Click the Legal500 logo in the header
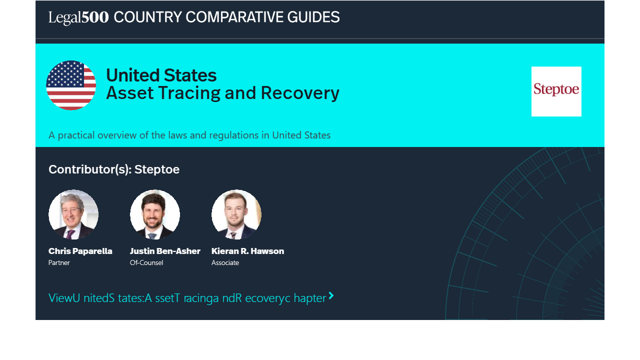click(78, 17)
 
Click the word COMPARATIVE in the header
click(234, 17)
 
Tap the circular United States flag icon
click(71, 85)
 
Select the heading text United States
click(161, 75)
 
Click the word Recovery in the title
click(300, 93)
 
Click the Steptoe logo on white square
click(556, 91)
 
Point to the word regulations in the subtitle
click(233, 135)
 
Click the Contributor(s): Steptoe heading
click(114, 169)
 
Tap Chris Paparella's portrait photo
click(73, 214)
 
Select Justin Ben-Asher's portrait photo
click(155, 214)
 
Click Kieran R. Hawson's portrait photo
click(236, 214)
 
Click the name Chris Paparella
click(80, 251)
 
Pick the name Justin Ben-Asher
click(165, 251)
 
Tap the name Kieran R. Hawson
click(247, 251)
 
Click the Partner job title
click(59, 262)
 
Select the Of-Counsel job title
click(146, 262)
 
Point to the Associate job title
click(225, 262)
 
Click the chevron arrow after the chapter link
click(331, 295)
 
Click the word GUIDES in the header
click(313, 17)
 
